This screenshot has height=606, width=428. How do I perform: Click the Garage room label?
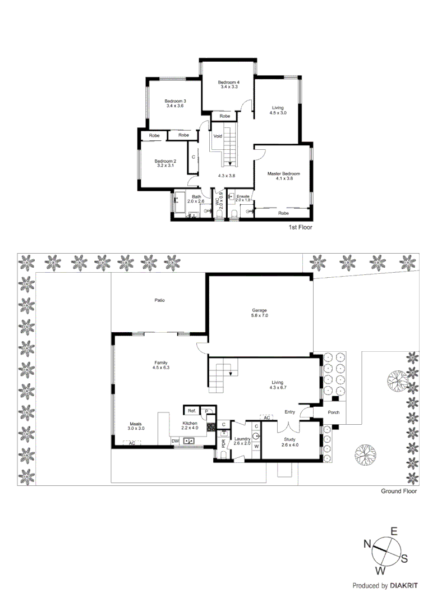click(x=259, y=310)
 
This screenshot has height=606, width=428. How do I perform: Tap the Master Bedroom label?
click(x=283, y=174)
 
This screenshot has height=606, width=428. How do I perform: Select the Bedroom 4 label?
click(x=228, y=82)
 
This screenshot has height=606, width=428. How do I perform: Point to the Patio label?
click(x=160, y=301)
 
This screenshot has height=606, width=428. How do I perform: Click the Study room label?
click(x=289, y=439)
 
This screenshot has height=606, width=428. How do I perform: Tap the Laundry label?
click(x=242, y=439)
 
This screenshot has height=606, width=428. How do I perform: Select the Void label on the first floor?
click(x=218, y=136)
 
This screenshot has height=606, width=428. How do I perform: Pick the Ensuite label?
click(x=242, y=196)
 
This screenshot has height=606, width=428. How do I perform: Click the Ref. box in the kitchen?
click(x=191, y=411)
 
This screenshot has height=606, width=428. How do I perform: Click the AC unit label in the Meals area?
click(x=132, y=443)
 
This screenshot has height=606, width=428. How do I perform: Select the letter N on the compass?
click(x=367, y=543)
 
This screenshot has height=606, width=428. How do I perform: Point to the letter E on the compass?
click(x=394, y=531)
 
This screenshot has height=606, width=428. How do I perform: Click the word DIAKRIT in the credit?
click(x=405, y=586)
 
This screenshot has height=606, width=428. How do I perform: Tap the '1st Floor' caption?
click(x=300, y=228)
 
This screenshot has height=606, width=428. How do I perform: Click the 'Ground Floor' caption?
click(x=399, y=491)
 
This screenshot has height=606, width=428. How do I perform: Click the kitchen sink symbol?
click(x=189, y=441)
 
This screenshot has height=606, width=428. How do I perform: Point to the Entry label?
click(x=289, y=412)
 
